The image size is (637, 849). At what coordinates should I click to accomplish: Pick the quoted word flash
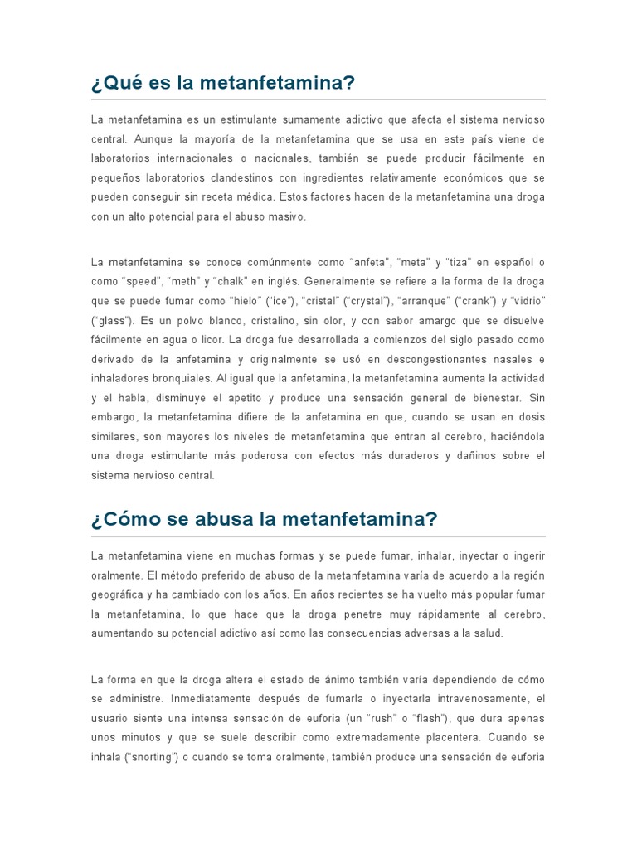click(x=429, y=718)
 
